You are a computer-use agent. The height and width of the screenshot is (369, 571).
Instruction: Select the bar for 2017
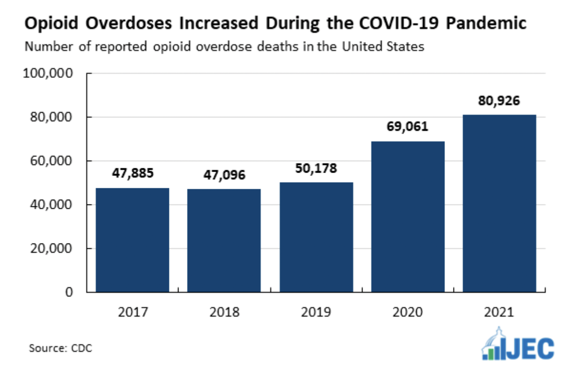pyautogui.click(x=133, y=240)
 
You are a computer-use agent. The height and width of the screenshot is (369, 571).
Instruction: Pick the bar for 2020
pyautogui.click(x=408, y=216)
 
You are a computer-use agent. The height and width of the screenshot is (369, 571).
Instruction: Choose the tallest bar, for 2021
pyautogui.click(x=500, y=203)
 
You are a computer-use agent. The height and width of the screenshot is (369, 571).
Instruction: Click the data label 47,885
pyautogui.click(x=133, y=173)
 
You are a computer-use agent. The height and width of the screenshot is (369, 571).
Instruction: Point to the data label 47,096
pyautogui.click(x=224, y=175)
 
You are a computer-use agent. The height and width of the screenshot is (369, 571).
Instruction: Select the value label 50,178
pyautogui.click(x=316, y=168)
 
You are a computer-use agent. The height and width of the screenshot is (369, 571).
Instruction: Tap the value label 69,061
pyautogui.click(x=408, y=126)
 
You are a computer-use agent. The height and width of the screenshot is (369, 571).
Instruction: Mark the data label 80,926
pyautogui.click(x=500, y=101)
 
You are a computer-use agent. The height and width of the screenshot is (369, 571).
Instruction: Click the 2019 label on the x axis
pyautogui.click(x=316, y=312)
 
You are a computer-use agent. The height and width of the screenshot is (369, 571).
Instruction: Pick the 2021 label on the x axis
pyautogui.click(x=500, y=312)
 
